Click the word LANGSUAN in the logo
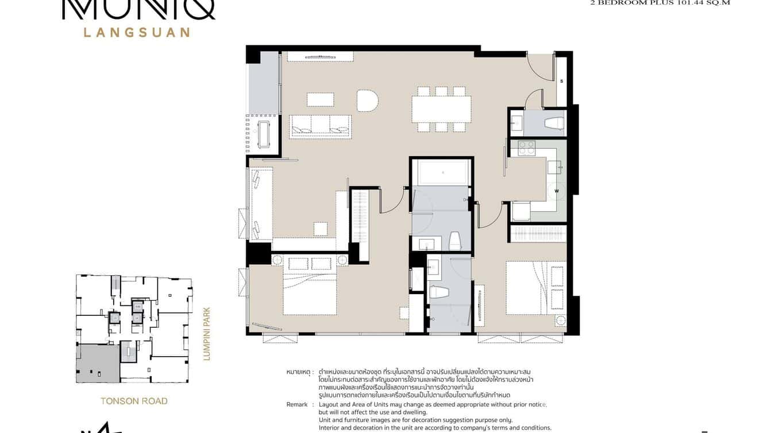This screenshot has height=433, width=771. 137,32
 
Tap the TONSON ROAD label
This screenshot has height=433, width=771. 134,401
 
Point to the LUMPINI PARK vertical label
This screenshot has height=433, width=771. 207,334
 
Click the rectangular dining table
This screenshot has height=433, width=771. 441,109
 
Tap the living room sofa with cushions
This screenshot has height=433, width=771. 320,126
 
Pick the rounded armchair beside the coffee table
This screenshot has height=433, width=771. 367,100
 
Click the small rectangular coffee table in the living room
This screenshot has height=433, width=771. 320,100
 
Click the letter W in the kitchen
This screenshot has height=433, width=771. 556,191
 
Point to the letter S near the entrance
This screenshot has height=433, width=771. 561,82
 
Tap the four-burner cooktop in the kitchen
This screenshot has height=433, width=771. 526,148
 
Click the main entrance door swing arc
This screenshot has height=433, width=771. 539,68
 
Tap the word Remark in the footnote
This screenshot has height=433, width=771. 296,404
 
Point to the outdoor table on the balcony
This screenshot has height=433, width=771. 264,134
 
